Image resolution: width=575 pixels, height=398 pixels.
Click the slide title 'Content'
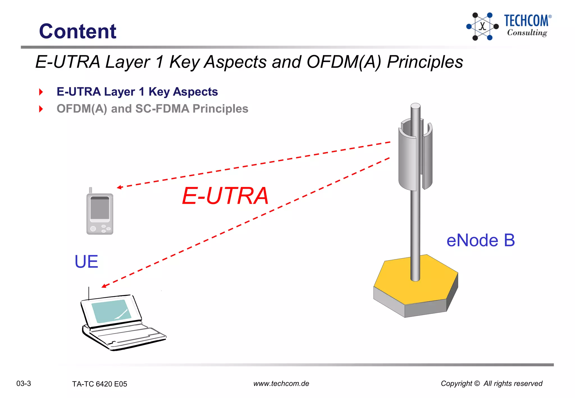[x=77, y=31]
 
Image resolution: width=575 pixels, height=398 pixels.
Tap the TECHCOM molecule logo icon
[x=482, y=26]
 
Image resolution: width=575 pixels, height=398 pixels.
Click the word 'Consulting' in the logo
[x=527, y=33]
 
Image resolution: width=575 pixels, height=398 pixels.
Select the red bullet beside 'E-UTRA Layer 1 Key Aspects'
[x=41, y=92]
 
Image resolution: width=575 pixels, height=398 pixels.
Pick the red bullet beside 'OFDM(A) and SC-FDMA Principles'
[x=41, y=109]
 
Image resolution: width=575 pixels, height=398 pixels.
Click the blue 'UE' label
[x=86, y=262]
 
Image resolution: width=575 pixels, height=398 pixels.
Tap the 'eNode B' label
[x=480, y=240]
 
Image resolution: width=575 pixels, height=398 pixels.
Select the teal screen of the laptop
[x=112, y=311]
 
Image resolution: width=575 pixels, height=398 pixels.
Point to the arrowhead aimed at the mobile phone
[x=119, y=187]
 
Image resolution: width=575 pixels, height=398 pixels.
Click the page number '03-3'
[x=24, y=383]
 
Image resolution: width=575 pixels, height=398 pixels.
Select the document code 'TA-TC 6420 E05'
[x=99, y=384]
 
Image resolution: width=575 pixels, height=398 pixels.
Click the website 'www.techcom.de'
[x=281, y=383]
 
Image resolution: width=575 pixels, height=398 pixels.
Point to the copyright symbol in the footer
[x=477, y=383]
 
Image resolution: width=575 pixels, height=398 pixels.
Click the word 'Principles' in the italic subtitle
[x=425, y=62]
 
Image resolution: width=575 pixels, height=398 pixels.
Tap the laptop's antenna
[x=89, y=293]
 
